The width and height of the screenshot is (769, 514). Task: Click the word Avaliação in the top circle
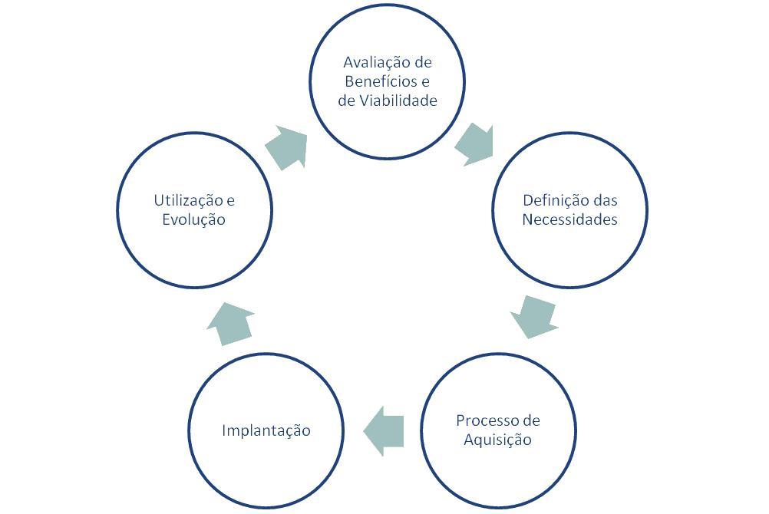(371, 62)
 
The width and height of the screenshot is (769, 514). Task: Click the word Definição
(548, 200)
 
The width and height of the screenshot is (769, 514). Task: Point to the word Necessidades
(569, 219)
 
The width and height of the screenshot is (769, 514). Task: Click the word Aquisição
(497, 440)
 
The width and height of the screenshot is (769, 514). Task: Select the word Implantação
(266, 430)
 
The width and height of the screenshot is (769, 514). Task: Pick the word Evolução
(194, 219)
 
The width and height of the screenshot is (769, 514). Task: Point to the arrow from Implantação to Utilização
(230, 322)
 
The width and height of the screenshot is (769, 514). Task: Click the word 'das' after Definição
(606, 200)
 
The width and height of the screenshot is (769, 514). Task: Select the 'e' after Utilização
(230, 201)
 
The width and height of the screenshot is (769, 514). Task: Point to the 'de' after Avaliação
(422, 62)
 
